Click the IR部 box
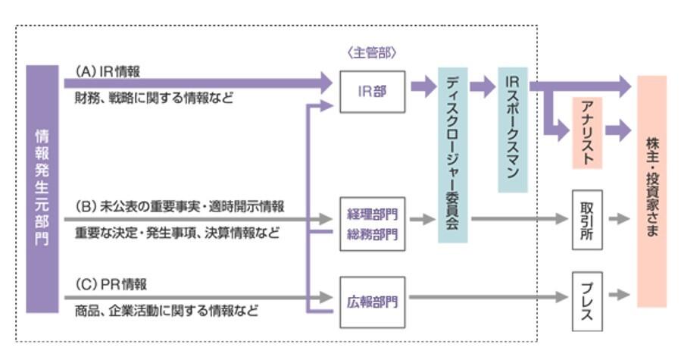[371, 91]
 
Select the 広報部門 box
[371, 301]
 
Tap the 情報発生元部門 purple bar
[42, 189]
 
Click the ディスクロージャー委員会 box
[453, 155]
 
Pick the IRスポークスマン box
[512, 129]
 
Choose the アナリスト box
[587, 132]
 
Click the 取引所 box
[587, 219]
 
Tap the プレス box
[587, 301]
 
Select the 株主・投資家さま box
[651, 189]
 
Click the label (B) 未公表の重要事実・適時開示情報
[180, 206]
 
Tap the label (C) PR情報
[111, 284]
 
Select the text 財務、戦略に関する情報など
[154, 98]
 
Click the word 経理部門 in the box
[372, 211]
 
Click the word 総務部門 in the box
[372, 234]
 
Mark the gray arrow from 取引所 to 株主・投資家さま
[619, 219]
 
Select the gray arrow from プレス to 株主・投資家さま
[619, 294]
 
